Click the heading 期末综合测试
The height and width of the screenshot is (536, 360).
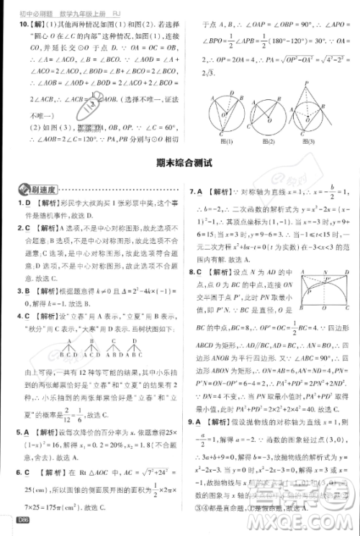[x=180, y=163]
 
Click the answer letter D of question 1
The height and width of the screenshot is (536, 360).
[x=27, y=204]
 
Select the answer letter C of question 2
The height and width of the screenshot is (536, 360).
[x=27, y=228]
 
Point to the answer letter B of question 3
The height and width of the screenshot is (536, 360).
[x=27, y=291]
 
